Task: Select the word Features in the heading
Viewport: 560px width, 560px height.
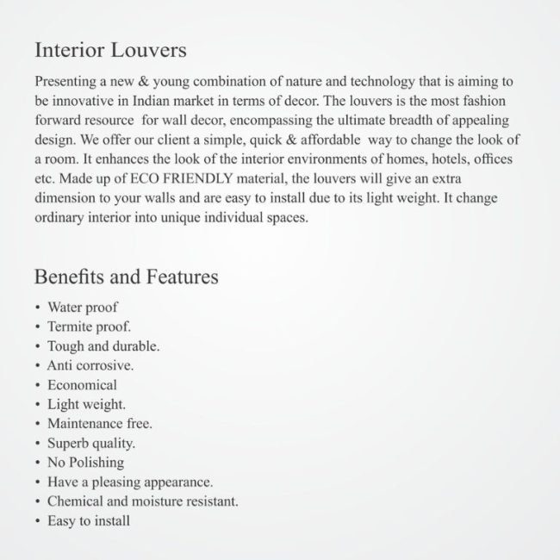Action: pyautogui.click(x=181, y=277)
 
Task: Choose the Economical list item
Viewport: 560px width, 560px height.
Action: pyautogui.click(x=82, y=385)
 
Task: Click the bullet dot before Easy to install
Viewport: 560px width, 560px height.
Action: pyautogui.click(x=38, y=521)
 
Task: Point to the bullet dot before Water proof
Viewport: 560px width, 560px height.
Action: pyautogui.click(x=38, y=308)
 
